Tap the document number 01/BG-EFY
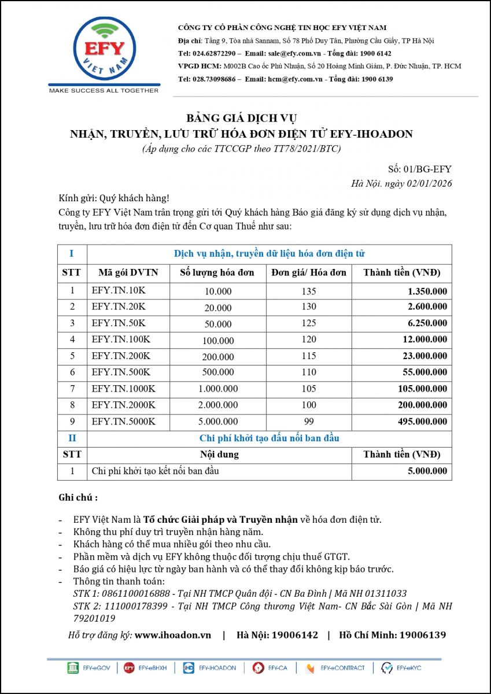(429, 169)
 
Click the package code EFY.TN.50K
(119, 323)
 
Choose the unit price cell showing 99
(309, 422)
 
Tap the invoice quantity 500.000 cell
(218, 372)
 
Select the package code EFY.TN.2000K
(123, 405)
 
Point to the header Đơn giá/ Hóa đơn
(309, 272)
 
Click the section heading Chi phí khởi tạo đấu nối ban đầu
(269, 438)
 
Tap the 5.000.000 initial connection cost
(427, 471)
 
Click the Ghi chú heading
(78, 497)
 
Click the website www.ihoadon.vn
(173, 635)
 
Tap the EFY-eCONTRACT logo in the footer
(335, 668)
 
